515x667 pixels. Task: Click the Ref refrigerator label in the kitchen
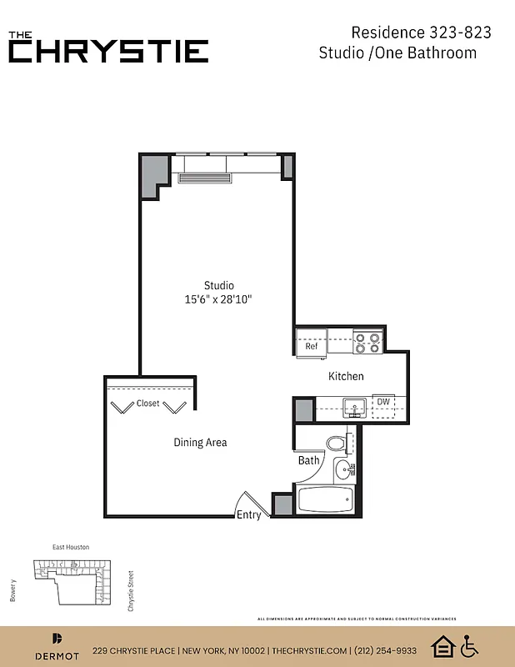pos(311,346)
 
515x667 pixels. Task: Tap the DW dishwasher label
pos(383,402)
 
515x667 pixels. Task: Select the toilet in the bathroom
pos(337,442)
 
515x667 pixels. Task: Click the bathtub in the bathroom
pos(326,501)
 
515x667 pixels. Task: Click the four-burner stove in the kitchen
pos(367,343)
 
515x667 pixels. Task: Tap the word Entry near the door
pos(249,514)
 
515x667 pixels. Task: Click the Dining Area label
pos(200,443)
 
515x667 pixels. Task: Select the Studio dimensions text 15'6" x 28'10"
pos(218,298)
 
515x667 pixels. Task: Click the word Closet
pos(148,404)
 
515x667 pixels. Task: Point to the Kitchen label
pos(346,376)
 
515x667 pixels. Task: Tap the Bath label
pos(308,460)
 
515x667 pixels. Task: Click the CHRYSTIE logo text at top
pos(108,51)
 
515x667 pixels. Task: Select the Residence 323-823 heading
pos(421,33)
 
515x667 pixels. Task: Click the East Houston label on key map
pos(71,547)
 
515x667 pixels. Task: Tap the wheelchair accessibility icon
pos(469,645)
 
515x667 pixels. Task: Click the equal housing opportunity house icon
pos(442,645)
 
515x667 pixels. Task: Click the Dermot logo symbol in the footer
pos(57,639)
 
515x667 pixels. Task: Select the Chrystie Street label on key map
pos(131,590)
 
